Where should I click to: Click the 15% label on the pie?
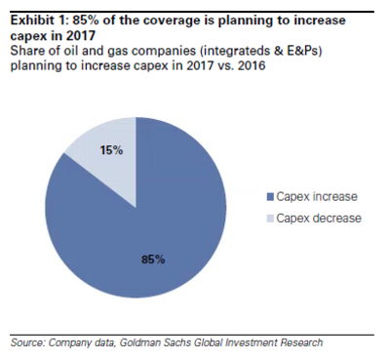click(x=111, y=150)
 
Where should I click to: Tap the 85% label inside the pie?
click(x=153, y=260)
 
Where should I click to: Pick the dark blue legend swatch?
click(x=270, y=197)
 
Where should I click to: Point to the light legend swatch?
click(x=270, y=219)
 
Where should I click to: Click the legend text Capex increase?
click(x=317, y=197)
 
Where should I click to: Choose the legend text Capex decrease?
click(x=319, y=218)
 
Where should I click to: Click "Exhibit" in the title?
click(x=31, y=20)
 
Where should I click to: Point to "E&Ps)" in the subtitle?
click(x=303, y=51)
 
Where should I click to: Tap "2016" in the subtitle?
click(x=252, y=65)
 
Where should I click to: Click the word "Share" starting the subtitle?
click(x=25, y=51)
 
